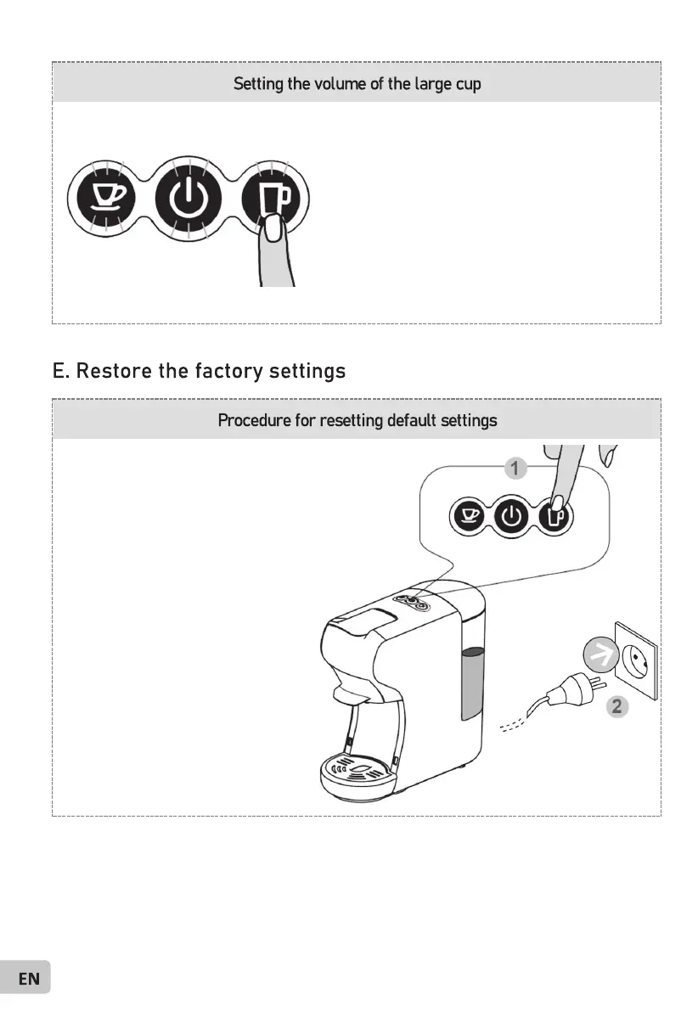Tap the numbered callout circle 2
point(617,706)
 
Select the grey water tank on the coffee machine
point(473,683)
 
